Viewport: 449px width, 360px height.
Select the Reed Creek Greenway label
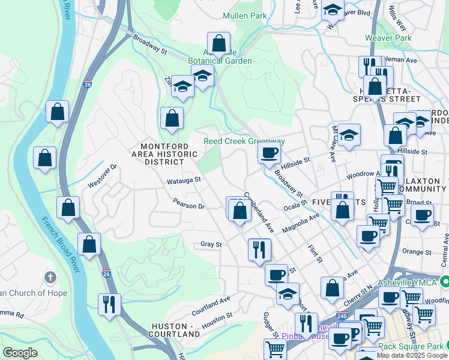coord(244,142)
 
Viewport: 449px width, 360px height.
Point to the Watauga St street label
coord(183,179)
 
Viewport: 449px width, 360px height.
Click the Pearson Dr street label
coord(188,203)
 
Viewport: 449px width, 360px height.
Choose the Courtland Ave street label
coord(211,306)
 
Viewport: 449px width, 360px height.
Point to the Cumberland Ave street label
coord(259,212)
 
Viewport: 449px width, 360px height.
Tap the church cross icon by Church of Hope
coord(50,277)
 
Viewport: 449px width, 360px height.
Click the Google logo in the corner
coord(20,353)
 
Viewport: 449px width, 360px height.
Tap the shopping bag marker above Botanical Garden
coord(218,43)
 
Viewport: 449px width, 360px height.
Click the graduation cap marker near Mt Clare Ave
coord(348,135)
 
